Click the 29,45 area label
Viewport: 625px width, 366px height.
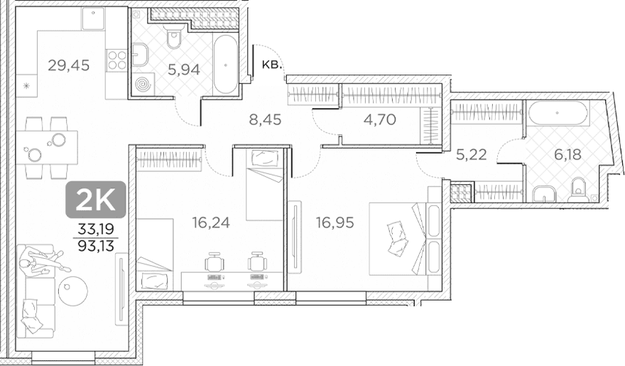click(x=69, y=65)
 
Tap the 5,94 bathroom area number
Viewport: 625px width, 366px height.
click(x=184, y=70)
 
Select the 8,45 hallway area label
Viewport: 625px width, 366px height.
click(x=265, y=119)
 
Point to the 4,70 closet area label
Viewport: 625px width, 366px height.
click(x=380, y=119)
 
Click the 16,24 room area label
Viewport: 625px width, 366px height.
click(x=211, y=222)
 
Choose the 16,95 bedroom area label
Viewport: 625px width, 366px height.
click(x=335, y=222)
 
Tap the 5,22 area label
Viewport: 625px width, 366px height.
click(x=471, y=154)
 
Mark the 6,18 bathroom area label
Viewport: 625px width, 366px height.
click(x=567, y=154)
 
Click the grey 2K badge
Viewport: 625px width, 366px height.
click(x=96, y=200)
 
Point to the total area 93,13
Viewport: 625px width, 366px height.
click(x=96, y=247)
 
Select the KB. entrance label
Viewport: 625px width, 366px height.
click(x=272, y=65)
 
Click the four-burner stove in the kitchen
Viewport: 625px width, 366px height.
click(x=116, y=60)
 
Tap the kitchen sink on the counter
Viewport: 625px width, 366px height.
click(x=93, y=18)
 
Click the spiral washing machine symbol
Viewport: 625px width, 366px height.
click(x=143, y=85)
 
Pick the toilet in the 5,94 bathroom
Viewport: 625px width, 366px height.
click(x=174, y=36)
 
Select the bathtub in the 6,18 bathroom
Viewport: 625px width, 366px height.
click(x=558, y=113)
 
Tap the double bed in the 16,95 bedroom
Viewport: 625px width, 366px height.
click(x=404, y=238)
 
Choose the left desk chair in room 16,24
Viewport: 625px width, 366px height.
click(x=214, y=262)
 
